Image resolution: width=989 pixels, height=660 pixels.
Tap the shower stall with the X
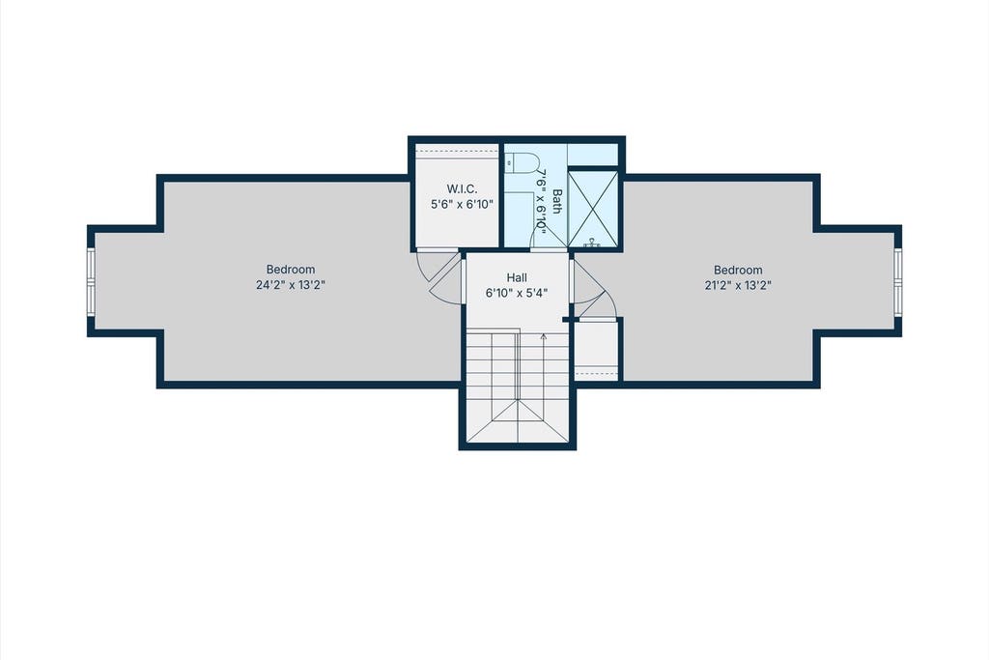point(593,208)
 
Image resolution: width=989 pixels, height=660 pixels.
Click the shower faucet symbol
point(592,243)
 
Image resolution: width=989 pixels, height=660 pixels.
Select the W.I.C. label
point(463,188)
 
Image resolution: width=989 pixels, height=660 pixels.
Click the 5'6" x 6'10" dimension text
point(462,205)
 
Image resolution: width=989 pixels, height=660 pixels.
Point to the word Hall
point(517,277)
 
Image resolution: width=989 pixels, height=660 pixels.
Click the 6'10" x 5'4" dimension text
point(517,293)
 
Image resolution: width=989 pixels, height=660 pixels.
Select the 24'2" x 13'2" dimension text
point(290,284)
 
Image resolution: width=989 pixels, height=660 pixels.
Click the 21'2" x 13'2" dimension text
point(738,284)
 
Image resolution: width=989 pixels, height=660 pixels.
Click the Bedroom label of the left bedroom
point(290,270)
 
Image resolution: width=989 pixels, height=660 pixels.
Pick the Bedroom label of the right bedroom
point(738,270)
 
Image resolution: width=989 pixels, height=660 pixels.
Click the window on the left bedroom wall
point(92,281)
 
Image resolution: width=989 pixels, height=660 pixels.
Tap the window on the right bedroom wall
point(897,281)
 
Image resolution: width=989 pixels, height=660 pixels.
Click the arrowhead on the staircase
point(543,336)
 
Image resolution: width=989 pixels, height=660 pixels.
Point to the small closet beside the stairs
point(597,351)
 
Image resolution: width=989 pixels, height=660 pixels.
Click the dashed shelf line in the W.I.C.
point(457,152)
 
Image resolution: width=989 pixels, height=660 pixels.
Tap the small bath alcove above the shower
point(593,155)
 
